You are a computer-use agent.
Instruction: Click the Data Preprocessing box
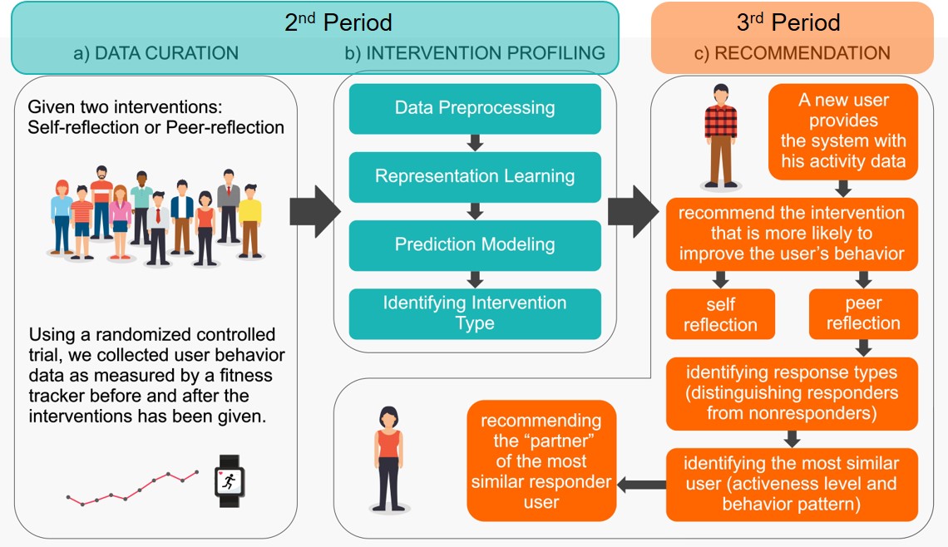point(475,108)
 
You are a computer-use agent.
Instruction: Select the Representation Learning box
point(475,176)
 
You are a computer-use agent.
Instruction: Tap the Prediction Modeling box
point(475,244)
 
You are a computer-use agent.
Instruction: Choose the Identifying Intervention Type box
point(475,313)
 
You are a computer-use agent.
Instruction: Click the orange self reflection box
point(720,313)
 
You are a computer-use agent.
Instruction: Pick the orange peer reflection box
point(863,313)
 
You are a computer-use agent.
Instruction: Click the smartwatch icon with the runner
point(230,480)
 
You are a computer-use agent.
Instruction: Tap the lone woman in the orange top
point(388,458)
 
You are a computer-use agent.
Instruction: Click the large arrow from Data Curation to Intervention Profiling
point(314,211)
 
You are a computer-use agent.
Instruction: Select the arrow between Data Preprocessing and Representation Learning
point(475,142)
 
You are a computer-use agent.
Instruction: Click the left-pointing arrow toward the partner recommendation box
point(640,484)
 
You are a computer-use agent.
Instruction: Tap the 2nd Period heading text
point(338,22)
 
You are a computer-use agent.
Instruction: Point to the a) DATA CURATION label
point(156,53)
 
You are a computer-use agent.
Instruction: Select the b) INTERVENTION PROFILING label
point(475,53)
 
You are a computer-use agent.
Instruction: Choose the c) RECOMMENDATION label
point(792,53)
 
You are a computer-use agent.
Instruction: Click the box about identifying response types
point(791,393)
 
